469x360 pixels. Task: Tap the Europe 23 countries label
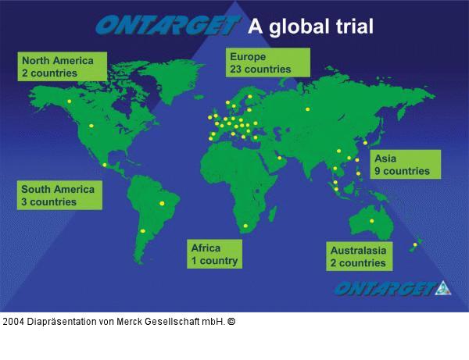click(265, 62)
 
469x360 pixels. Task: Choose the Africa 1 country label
click(214, 255)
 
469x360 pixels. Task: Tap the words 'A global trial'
click(311, 27)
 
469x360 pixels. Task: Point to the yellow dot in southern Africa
click(245, 226)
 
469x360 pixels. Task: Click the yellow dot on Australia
click(372, 221)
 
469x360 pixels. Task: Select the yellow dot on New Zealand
click(415, 245)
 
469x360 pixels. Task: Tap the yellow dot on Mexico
click(105, 165)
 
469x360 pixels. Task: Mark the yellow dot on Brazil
click(163, 205)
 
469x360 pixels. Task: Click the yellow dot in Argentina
click(142, 231)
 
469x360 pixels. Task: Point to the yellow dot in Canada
click(69, 101)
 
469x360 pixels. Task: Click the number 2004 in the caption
click(13, 321)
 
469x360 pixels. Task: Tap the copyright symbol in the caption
click(231, 321)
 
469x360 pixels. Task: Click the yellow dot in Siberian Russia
click(308, 109)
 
